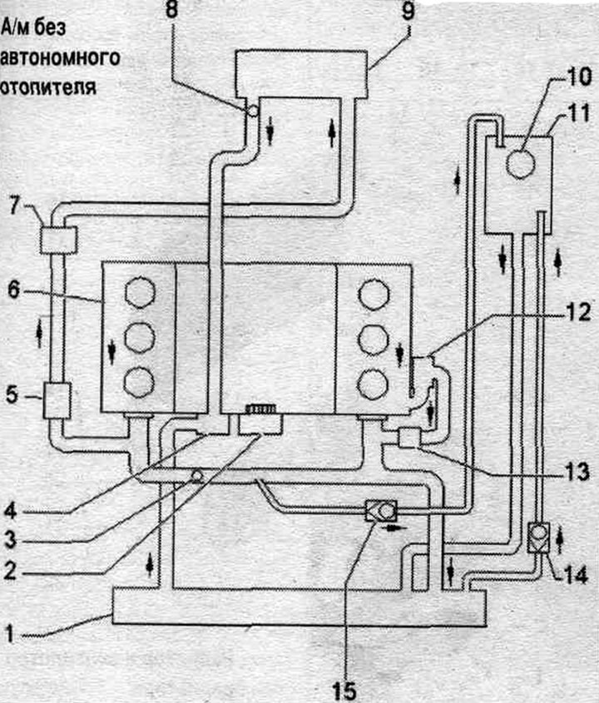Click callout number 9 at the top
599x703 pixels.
click(408, 11)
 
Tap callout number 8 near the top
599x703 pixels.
click(172, 10)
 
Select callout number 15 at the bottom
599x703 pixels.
click(344, 691)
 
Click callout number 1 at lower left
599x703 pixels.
click(10, 634)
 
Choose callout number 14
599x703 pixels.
click(575, 574)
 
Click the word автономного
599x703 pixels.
click(60, 58)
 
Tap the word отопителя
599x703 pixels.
click(48, 87)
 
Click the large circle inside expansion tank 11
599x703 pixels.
click(520, 164)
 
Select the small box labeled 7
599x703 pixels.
click(59, 240)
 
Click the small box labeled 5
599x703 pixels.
click(57, 400)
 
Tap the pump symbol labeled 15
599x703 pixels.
click(382, 511)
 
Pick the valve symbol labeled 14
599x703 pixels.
click(538, 537)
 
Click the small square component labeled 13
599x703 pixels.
click(408, 438)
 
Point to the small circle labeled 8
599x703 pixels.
click(253, 110)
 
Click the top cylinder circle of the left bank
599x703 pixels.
click(141, 293)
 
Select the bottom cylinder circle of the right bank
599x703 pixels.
click(374, 384)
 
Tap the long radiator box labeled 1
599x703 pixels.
click(299, 607)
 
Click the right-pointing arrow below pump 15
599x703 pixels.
click(394, 528)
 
